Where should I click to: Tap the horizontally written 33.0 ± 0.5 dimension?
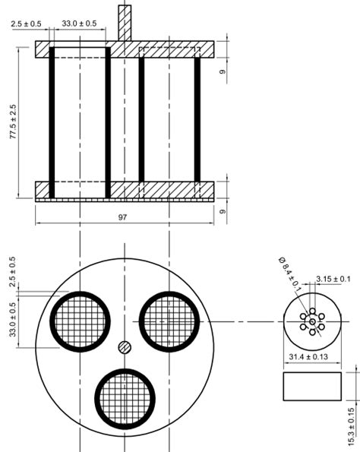tap(79, 24)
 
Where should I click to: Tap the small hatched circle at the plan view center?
tap(125, 347)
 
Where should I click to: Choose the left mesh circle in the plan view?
tap(79, 321)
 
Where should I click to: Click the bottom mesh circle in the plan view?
tap(125, 398)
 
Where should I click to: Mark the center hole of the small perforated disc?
tap(311, 323)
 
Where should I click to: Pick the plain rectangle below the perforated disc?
tap(311, 386)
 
